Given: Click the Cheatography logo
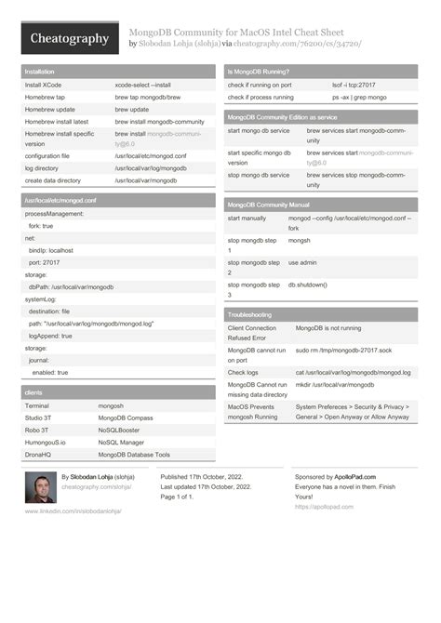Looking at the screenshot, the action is [x=70, y=38].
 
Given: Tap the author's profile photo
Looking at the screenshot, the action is [x=40, y=487].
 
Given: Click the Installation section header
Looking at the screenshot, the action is [x=40, y=72].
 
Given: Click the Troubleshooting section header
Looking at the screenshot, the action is [x=250, y=315].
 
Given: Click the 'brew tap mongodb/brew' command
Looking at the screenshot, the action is [x=149, y=97].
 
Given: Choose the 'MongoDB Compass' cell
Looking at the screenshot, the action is [x=126, y=418].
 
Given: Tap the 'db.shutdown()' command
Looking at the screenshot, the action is [x=308, y=285].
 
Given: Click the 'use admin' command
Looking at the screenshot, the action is [x=302, y=262].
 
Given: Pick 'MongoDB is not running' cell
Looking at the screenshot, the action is [x=328, y=328].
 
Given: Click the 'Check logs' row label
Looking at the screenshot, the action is [x=244, y=372].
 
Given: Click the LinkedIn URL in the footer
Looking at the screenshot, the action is [x=73, y=510].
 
